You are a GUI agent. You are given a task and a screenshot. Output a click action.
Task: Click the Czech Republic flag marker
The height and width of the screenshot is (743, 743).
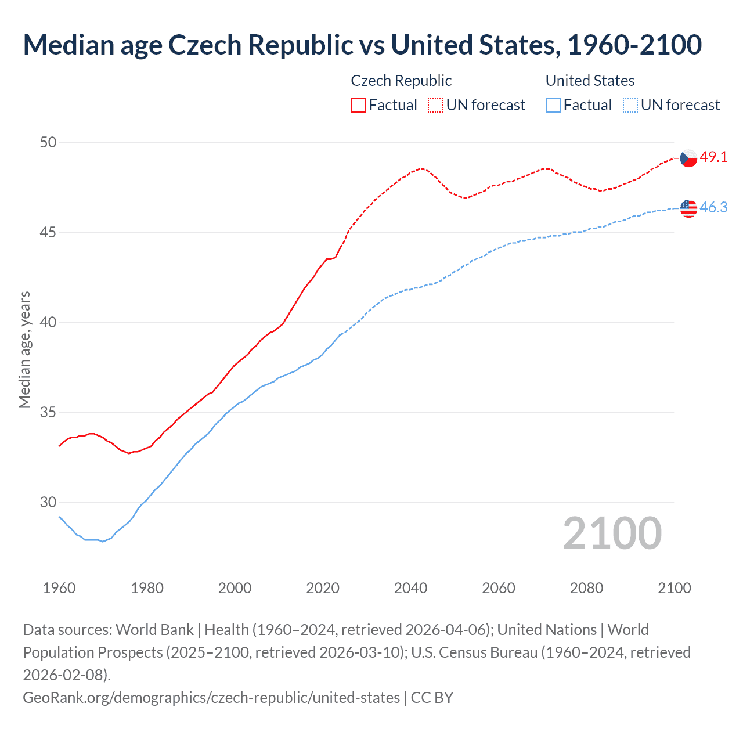coord(688,158)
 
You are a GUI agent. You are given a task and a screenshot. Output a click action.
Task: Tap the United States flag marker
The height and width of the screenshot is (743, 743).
coord(688,208)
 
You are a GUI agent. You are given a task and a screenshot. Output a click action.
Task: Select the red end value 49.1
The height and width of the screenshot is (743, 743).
coord(713,157)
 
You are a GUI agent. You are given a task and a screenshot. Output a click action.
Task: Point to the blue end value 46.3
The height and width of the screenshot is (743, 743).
coord(713,207)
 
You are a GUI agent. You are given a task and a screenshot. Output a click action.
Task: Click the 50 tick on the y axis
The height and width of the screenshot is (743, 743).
coord(48,142)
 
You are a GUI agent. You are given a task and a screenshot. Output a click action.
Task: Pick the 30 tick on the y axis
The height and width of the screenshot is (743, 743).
coord(48,502)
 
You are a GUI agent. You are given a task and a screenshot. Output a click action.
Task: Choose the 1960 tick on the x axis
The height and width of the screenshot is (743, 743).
coord(59,588)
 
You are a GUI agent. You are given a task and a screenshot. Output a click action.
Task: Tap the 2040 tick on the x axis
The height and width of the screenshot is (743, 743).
coord(410,588)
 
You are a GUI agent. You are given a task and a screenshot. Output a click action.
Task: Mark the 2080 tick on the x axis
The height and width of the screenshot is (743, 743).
coord(586,588)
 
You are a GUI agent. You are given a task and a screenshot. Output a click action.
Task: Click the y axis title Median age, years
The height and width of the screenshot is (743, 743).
coord(24,350)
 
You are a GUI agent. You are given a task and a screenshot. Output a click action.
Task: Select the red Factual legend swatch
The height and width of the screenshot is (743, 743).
coord(358,105)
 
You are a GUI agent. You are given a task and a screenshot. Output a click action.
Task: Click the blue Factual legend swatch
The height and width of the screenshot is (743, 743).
coord(553,105)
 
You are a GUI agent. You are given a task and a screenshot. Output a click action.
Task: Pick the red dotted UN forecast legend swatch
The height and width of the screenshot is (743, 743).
coord(435,105)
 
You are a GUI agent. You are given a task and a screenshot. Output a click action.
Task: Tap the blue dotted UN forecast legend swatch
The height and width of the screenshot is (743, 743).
coord(630,105)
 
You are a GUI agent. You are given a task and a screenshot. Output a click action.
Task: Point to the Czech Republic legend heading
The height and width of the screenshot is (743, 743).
coord(401,81)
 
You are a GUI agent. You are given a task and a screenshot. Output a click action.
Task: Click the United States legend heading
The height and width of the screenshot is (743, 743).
coord(590,81)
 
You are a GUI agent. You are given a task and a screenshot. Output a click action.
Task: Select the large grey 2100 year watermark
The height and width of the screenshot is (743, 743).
coord(612,533)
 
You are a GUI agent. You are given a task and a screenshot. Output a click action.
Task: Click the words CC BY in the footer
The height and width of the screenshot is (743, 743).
coord(432,697)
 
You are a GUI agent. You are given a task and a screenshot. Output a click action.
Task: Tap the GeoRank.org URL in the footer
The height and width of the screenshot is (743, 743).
coord(211,697)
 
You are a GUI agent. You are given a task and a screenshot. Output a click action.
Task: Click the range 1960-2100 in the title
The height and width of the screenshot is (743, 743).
coord(634,45)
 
